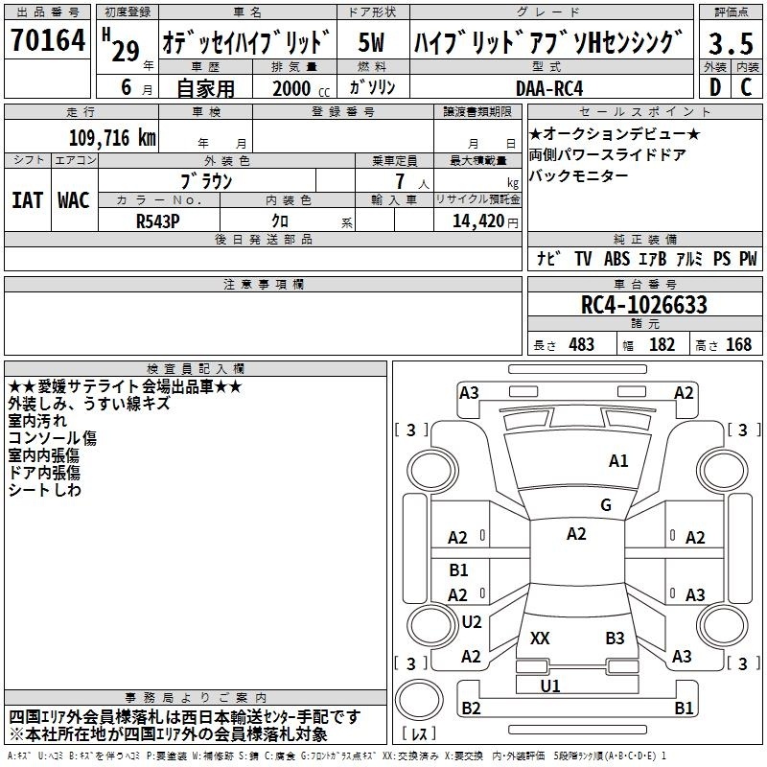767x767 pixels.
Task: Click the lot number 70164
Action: pyautogui.click(x=47, y=41)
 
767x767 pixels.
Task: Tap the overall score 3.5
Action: pyautogui.click(x=730, y=44)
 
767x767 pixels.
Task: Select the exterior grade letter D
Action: pyautogui.click(x=713, y=86)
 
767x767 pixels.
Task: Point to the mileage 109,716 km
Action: pyautogui.click(x=112, y=137)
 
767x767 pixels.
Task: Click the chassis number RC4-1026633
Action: pyautogui.click(x=644, y=305)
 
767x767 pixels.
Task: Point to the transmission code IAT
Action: pyautogui.click(x=27, y=199)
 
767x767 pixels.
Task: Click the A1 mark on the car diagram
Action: pyautogui.click(x=618, y=461)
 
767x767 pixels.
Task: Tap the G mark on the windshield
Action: pyautogui.click(x=605, y=505)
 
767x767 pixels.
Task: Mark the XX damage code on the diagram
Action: pyautogui.click(x=540, y=638)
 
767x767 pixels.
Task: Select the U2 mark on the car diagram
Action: pyautogui.click(x=471, y=621)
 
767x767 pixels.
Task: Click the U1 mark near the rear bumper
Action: pyautogui.click(x=550, y=686)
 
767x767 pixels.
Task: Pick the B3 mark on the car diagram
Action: pyautogui.click(x=615, y=638)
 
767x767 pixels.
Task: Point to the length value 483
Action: pyautogui.click(x=581, y=345)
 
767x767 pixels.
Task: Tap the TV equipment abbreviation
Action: pyautogui.click(x=583, y=259)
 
